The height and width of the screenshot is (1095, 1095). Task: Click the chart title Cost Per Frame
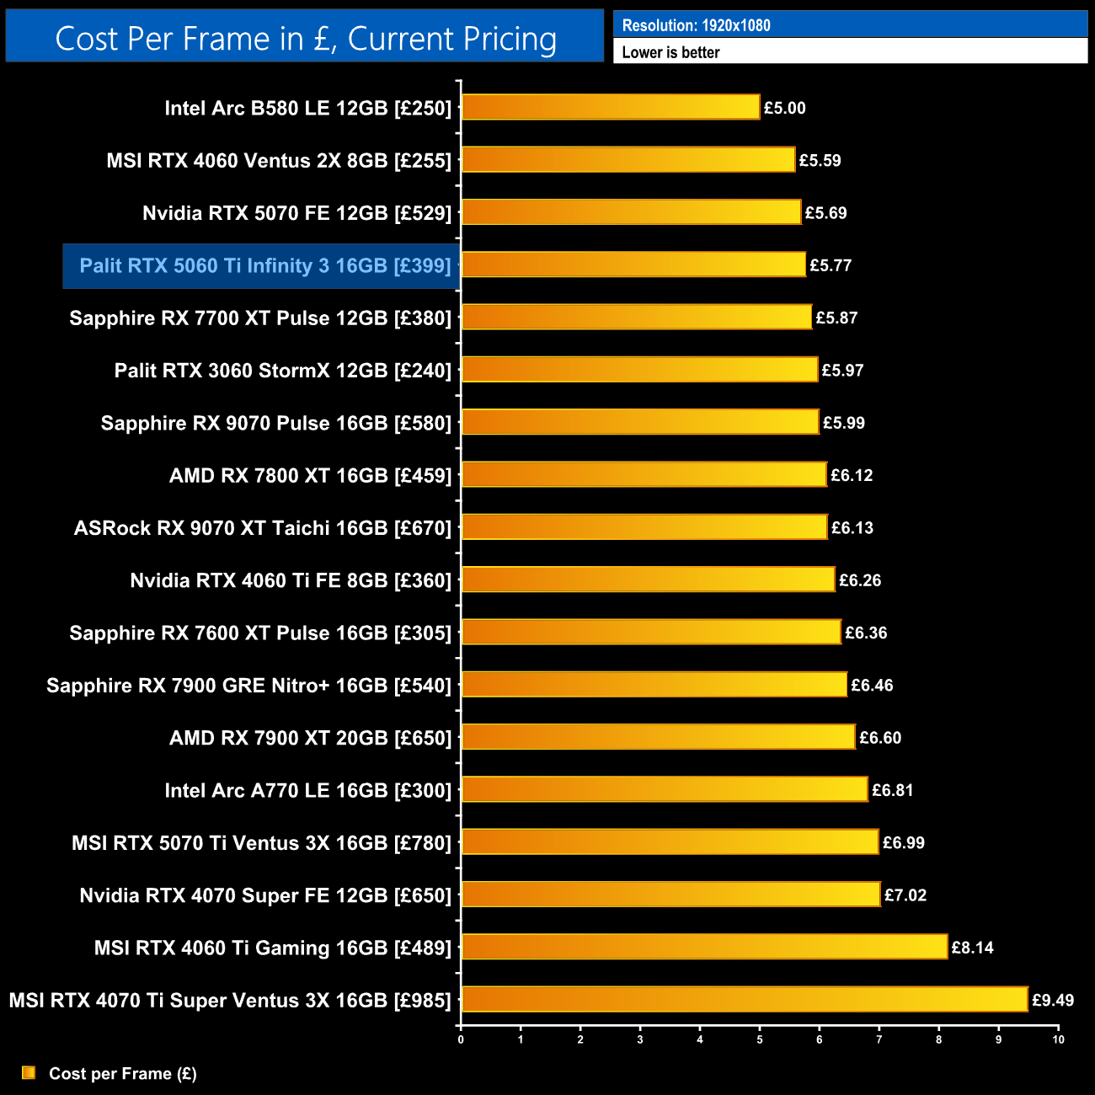[x=305, y=39]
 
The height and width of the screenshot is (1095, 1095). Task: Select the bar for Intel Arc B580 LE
[x=611, y=107]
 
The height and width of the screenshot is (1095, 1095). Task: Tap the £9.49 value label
[x=1053, y=1000]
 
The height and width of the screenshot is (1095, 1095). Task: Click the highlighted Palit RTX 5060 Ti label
[x=264, y=266]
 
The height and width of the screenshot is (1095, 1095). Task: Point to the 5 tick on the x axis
[x=760, y=1039]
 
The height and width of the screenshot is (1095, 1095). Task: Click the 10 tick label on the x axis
[x=1058, y=1039]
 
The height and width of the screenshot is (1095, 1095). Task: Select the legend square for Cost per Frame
[x=29, y=1072]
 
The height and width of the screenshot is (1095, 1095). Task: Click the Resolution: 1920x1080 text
[x=696, y=25]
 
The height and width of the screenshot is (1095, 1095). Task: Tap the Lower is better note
[x=670, y=52]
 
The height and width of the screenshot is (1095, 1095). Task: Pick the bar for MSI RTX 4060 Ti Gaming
[x=704, y=947]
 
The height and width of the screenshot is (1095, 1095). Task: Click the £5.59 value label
[x=820, y=160]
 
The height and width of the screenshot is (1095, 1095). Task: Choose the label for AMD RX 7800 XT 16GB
[x=310, y=476]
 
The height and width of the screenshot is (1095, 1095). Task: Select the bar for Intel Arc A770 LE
[x=665, y=789]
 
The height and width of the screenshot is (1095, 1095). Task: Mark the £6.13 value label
[x=852, y=528]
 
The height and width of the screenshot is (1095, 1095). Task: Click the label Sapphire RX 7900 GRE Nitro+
[x=248, y=686]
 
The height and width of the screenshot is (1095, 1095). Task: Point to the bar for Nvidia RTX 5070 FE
[x=631, y=212]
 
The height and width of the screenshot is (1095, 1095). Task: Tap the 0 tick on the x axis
[x=461, y=1039]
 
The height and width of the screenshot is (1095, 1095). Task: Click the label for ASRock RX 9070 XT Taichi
[x=263, y=528]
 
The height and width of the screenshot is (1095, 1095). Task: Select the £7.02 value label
[x=905, y=895]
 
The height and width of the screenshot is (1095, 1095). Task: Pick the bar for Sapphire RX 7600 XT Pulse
[x=651, y=632]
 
